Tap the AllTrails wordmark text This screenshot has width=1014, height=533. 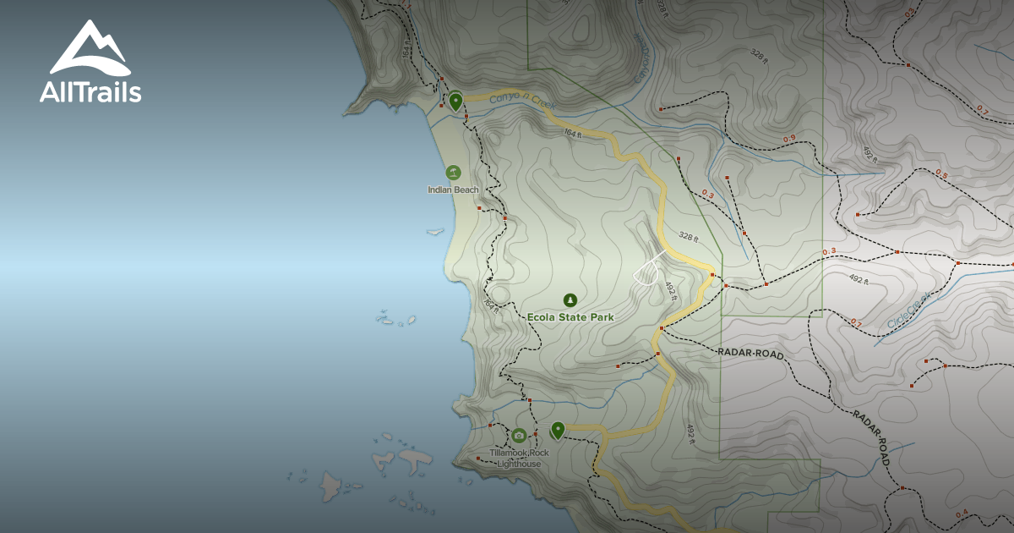(x=90, y=92)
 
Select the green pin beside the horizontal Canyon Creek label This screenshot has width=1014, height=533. (x=455, y=102)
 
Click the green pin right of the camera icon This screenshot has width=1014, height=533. (x=558, y=430)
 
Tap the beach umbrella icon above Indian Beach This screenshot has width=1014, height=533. (x=453, y=173)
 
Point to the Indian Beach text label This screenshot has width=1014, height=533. (x=453, y=190)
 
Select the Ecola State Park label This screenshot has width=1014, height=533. (x=570, y=316)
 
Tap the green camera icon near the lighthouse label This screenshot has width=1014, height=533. (x=519, y=436)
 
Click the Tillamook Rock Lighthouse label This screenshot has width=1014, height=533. (x=519, y=459)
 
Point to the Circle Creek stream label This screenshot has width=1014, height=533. (x=909, y=311)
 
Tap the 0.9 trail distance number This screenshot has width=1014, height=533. (x=789, y=139)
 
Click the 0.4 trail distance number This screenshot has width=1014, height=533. (x=962, y=514)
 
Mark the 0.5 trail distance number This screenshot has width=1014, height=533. (x=942, y=174)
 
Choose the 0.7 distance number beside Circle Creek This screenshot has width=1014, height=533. (x=856, y=323)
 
